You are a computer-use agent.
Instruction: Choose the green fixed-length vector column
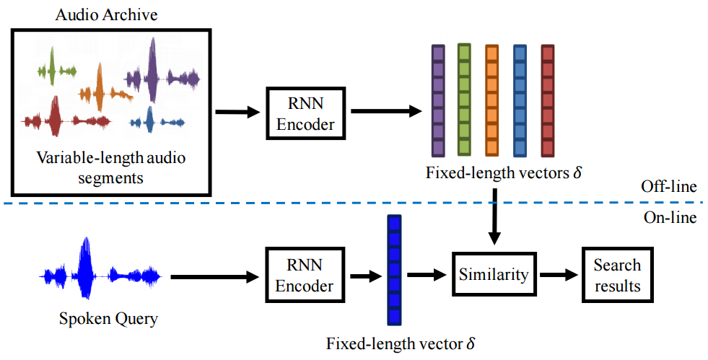pos(464,100)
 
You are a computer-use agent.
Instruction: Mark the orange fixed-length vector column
pos(491,100)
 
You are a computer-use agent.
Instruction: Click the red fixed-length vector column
pos(547,100)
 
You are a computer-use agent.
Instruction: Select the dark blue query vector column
pos(393,271)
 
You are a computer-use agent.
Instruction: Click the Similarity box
pos(494,274)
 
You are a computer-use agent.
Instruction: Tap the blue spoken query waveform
pos(100,275)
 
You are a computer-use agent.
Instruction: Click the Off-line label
pos(668,188)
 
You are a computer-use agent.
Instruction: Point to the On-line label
pos(670,216)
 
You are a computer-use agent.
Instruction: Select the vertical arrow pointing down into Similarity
pos(494,216)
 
